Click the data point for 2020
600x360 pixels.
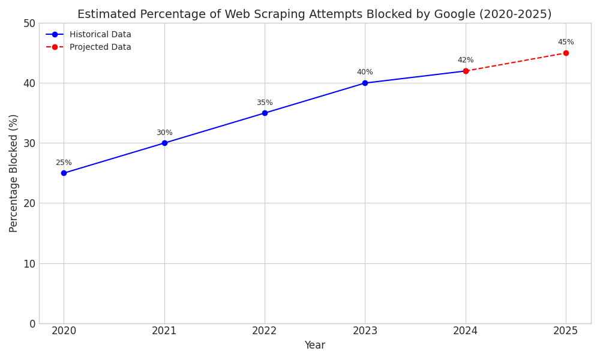pos(64,173)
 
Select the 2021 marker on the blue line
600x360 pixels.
pos(164,143)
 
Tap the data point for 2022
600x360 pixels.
pos(265,113)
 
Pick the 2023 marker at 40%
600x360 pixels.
pos(365,83)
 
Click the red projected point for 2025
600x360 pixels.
pos(566,53)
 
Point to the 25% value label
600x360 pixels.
pos(64,163)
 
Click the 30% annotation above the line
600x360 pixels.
pos(164,133)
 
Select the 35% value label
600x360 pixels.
pos(265,103)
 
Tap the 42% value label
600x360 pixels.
pos(466,60)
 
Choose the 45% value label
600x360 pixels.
pos(566,42)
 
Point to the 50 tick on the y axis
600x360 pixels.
pos(28,23)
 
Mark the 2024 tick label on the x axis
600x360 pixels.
pos(466,331)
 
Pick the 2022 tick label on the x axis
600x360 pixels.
pos(265,331)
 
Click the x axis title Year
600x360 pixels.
pos(314,346)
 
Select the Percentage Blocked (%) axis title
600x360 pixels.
pos(14,173)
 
